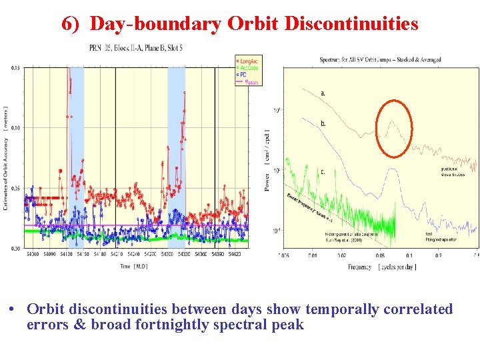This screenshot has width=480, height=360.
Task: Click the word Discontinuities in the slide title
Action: pyautogui.click(x=351, y=24)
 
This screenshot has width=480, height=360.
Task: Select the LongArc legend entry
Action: pyautogui.click(x=250, y=61)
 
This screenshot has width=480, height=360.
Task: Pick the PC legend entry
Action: pyautogui.click(x=245, y=72)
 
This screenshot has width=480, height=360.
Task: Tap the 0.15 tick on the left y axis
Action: pyautogui.click(x=16, y=67)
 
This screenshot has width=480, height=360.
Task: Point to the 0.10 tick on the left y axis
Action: pyautogui.click(x=16, y=127)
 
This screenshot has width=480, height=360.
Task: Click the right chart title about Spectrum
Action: pyautogui.click(x=380, y=60)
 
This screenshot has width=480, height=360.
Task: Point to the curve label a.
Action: pyautogui.click(x=323, y=93)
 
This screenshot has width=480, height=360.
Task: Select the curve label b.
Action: pyautogui.click(x=323, y=123)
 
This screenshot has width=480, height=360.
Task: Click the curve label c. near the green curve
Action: pyautogui.click(x=323, y=171)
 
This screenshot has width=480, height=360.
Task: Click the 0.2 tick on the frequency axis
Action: pyautogui.click(x=439, y=255)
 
